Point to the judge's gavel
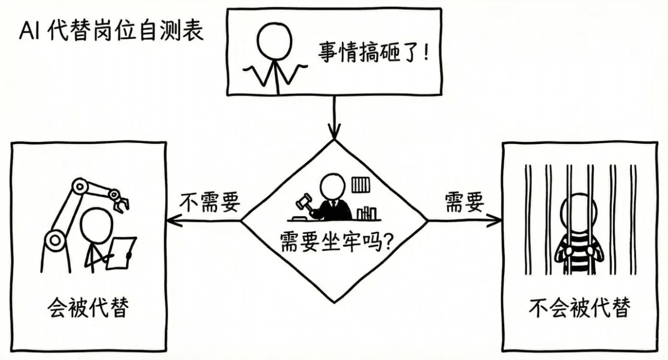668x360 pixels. click(304, 201)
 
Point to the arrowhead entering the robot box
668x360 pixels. click(173, 221)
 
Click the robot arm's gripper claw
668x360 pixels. click(120, 203)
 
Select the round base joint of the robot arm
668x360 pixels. click(54, 240)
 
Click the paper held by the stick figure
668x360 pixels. click(121, 253)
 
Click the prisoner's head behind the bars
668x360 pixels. click(576, 212)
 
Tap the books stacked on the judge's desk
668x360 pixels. click(366, 212)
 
